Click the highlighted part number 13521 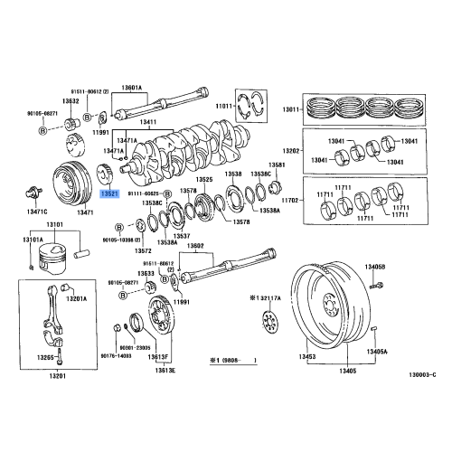[109, 193]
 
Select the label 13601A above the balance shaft [159, 87]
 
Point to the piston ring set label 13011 [288, 109]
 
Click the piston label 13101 [56, 223]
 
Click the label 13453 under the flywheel [308, 358]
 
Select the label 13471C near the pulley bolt [37, 211]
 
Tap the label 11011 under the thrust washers [222, 108]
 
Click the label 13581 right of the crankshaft [277, 165]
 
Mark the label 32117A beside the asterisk [268, 297]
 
